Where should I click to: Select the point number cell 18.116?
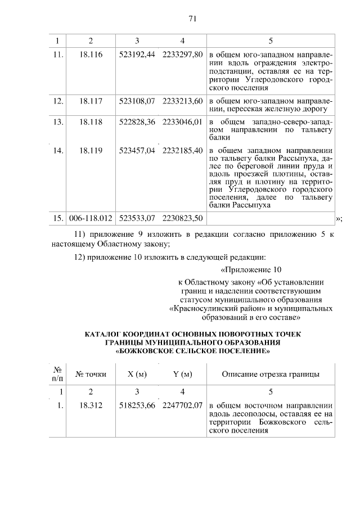pyautogui.click(x=91, y=55)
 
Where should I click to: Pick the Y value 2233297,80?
pyautogui.click(x=182, y=55)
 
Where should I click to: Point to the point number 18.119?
pyautogui.click(x=91, y=150)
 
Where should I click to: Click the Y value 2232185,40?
pyautogui.click(x=182, y=150)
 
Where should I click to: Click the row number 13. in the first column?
pyautogui.click(x=57, y=121)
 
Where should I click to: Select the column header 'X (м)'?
pyautogui.click(x=137, y=374)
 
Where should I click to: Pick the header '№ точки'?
pyautogui.click(x=91, y=374)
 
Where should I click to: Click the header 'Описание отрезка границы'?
pyautogui.click(x=271, y=374)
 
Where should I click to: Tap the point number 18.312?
pyautogui.click(x=91, y=405)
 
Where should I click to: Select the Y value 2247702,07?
pyautogui.click(x=182, y=405)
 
